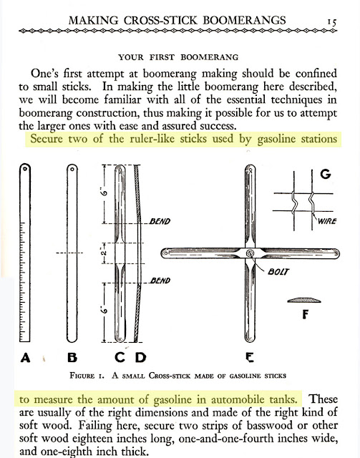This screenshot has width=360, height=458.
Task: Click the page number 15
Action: tap(332, 22)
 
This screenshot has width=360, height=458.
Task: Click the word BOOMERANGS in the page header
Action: tap(244, 21)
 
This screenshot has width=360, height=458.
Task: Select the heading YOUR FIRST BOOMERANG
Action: tap(178, 57)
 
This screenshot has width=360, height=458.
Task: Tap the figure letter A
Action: tap(26, 358)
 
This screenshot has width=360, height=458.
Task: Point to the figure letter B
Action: tap(72, 358)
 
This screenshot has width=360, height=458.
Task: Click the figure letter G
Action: tap(326, 174)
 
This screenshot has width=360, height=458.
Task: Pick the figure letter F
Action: tap(305, 314)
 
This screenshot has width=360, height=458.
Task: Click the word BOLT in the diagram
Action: tap(278, 272)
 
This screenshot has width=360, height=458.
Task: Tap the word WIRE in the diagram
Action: tap(327, 221)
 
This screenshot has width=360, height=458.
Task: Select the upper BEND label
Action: tap(160, 221)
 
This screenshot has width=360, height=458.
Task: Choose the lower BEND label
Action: tap(160, 281)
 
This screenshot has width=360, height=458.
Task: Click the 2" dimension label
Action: tap(104, 253)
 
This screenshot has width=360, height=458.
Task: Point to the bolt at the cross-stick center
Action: tap(250, 253)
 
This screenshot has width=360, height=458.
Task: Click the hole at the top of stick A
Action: tap(25, 169)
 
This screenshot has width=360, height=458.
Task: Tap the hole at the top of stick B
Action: tap(72, 169)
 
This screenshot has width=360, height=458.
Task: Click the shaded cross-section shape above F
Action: tap(304, 300)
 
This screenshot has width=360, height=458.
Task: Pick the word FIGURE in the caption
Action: tap(82, 375)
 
